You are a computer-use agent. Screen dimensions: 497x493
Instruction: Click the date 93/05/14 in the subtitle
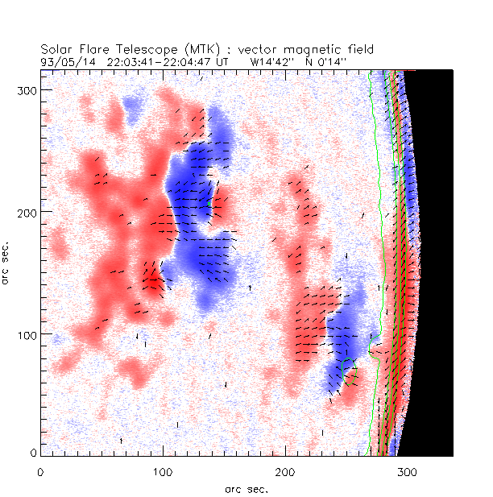(x=64, y=61)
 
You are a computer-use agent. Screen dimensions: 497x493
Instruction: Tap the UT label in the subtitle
(x=224, y=61)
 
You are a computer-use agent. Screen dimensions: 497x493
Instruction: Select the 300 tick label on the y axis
(x=26, y=89)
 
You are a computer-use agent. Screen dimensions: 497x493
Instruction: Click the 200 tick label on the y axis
(x=26, y=211)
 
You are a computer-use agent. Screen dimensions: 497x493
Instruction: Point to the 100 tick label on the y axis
(x=26, y=333)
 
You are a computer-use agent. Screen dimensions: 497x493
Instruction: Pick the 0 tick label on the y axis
(x=32, y=455)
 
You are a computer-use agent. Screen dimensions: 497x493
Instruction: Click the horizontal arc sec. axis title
(x=246, y=489)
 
